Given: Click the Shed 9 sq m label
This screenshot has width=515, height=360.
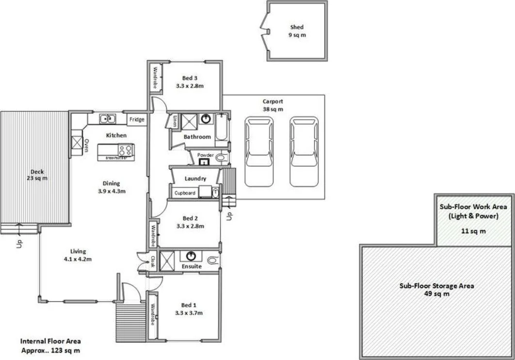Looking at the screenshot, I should pos(297,31).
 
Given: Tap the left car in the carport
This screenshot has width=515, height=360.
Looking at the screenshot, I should pos(259,151).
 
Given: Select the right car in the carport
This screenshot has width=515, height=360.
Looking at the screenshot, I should pos(304,151).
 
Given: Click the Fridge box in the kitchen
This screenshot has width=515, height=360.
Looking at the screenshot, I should pos(136,119).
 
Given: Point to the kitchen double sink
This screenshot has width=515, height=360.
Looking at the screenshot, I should pos(107,118).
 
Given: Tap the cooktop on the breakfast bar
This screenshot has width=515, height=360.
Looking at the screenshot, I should pos(125,150).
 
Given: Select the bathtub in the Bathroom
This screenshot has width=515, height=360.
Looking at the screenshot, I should pos(222,127).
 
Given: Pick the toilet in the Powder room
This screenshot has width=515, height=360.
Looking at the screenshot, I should pos(220,158).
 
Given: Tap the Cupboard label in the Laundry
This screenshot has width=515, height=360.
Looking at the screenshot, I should pos(185,193).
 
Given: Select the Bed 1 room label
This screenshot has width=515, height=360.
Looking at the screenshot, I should pos(189,309).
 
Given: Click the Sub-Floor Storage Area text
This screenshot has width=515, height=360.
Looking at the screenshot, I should pos(436,290).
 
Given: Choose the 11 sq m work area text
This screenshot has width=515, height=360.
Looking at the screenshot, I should pos(473,231).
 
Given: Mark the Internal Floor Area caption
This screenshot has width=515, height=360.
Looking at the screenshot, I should pos(50,346).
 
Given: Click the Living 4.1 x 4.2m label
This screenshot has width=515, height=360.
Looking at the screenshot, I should pos(78,255).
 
